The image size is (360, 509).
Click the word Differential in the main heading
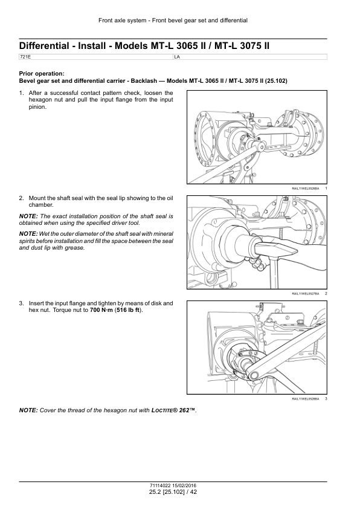point(44,46)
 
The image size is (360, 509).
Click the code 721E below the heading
point(23,57)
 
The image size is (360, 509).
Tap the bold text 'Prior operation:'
point(42,74)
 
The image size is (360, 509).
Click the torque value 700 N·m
point(101,310)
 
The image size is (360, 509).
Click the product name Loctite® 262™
point(173,410)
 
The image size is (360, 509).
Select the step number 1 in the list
point(21,93)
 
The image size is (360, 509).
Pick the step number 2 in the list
point(21,198)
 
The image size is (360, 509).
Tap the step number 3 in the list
point(21,303)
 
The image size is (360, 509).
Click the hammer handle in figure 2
point(275,272)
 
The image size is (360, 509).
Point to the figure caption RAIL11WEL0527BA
point(306,294)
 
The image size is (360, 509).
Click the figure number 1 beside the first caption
point(326,188)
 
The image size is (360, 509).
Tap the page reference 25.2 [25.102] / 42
point(173,492)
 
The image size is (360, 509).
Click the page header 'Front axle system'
point(122,21)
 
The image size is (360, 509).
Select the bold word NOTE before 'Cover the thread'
point(28,410)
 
